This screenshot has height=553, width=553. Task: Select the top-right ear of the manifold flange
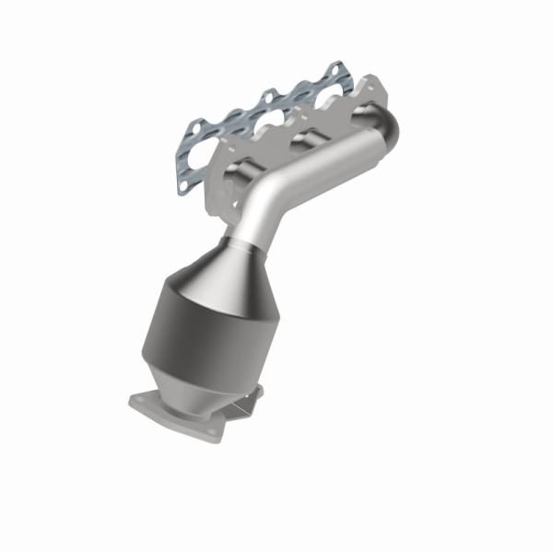pyautogui.click(x=373, y=85)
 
